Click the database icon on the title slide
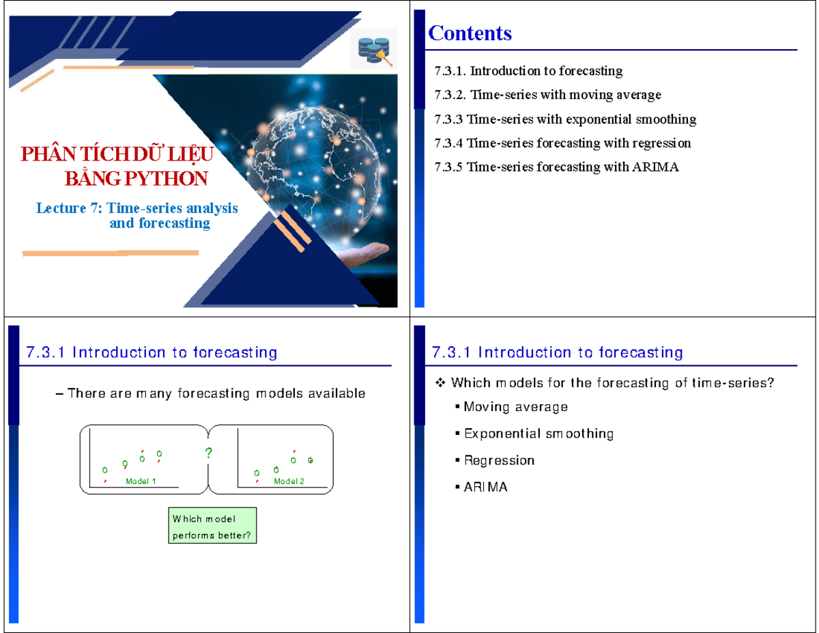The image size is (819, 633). [x=373, y=51]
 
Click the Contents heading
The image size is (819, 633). [x=470, y=33]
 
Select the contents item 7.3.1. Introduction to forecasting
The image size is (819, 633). [x=528, y=71]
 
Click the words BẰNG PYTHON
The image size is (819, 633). [x=136, y=179]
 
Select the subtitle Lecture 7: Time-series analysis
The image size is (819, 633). [x=137, y=208]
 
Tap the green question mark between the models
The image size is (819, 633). [x=208, y=453]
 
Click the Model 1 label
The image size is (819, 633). [x=141, y=481]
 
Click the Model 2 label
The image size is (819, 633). [x=289, y=481]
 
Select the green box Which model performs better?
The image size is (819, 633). [x=212, y=525]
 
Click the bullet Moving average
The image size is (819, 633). [x=515, y=407]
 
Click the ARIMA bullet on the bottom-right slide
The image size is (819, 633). [x=486, y=488]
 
